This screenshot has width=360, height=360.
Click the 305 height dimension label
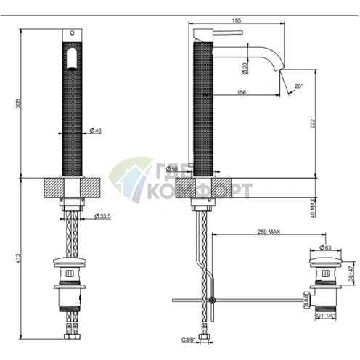pos(18,103)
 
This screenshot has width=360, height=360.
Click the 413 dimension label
pos(18,258)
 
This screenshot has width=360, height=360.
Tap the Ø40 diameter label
pos(95,131)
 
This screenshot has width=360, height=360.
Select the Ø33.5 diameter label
pos(102,216)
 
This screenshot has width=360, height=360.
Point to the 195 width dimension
pos(237,20)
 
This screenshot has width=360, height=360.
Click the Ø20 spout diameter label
pos(245,68)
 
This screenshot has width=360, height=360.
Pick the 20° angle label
pos(299,86)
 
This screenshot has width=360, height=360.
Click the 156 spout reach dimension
pos(242,92)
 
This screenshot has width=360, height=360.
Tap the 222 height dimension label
pos(313,123)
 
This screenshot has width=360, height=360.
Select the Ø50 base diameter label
pos(172,168)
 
